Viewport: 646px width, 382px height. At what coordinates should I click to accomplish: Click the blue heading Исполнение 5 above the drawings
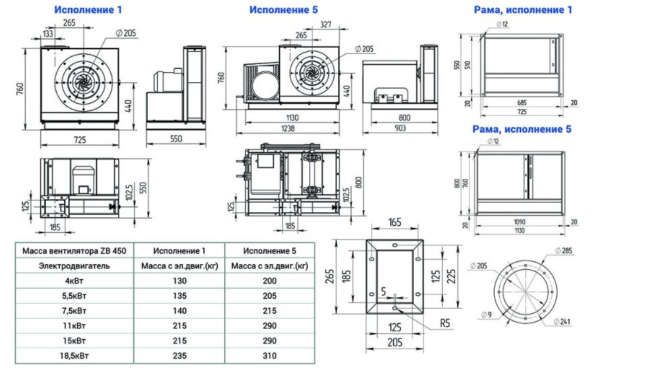(284, 9)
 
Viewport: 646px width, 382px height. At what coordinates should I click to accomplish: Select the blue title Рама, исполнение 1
(523, 9)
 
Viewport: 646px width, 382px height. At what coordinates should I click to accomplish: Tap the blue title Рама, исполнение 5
(522, 129)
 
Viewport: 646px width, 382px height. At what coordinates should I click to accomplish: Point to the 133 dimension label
(48, 33)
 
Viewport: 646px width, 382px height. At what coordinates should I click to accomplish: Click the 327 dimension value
(325, 24)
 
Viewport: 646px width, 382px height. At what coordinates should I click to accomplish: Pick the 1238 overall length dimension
(288, 128)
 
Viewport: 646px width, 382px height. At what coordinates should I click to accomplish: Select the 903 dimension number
(400, 128)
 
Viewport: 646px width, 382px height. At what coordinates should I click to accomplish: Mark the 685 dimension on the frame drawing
(522, 103)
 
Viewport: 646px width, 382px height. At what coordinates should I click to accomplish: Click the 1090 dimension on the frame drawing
(520, 222)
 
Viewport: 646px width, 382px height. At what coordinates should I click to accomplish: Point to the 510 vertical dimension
(467, 65)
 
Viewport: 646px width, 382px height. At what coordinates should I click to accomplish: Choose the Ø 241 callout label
(562, 321)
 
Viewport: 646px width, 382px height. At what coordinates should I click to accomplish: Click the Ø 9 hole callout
(486, 315)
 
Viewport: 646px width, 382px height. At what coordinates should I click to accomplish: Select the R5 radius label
(445, 323)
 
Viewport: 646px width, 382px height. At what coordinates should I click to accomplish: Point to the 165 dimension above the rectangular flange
(394, 222)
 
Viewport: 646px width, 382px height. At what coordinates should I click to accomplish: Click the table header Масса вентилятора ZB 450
(74, 251)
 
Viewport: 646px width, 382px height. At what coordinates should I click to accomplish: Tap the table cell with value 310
(269, 356)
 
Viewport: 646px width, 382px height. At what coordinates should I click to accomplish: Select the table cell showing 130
(180, 281)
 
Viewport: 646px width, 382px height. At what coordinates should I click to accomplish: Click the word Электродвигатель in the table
(74, 266)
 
